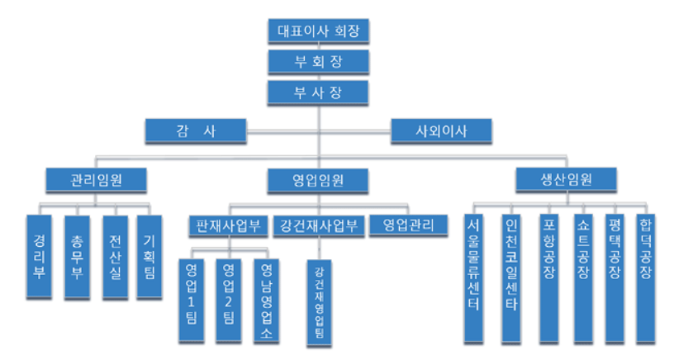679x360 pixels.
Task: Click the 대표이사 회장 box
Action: [318, 31]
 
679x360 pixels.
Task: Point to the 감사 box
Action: [196, 130]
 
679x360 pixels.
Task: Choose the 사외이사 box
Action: [441, 130]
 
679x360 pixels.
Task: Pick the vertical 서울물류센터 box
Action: [473, 277]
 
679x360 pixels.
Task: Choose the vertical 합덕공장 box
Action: [647, 277]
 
